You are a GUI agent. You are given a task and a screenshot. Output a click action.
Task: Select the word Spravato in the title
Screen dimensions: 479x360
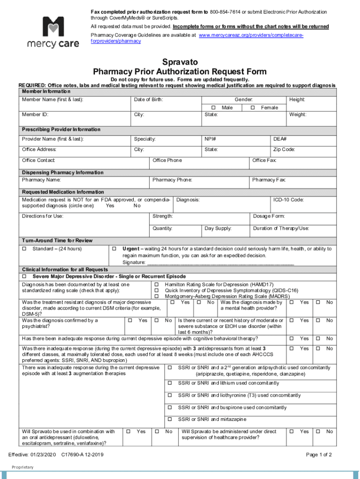point(180,62)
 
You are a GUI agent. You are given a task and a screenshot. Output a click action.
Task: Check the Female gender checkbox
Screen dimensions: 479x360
point(252,108)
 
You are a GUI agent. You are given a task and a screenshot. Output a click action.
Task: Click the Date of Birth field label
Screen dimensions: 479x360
point(148,100)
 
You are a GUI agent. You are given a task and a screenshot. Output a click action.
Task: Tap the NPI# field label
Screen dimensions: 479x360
point(210,139)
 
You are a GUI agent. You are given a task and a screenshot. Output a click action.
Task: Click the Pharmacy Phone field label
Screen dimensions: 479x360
point(172,180)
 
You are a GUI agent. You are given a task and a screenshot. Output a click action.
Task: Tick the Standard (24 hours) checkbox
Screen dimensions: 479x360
point(25,248)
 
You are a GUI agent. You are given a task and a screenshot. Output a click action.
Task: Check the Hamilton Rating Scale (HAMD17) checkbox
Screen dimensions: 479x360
point(157,285)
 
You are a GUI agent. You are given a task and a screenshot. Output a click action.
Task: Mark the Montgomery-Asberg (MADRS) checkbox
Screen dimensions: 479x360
point(157,297)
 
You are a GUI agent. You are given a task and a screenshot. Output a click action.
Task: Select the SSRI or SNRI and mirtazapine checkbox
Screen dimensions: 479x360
point(170,419)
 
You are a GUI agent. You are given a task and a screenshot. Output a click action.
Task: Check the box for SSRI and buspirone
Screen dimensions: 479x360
point(170,407)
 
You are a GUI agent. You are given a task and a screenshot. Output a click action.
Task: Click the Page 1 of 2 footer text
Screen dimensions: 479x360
point(319,455)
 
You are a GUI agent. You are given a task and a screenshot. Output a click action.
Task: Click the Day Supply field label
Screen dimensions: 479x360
point(218,228)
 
